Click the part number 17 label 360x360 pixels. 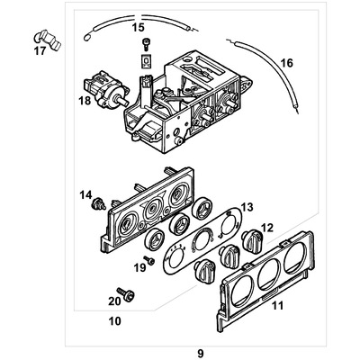click(39, 50)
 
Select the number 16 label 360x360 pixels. click(286, 63)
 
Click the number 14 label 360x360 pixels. click(85, 194)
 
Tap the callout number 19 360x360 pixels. click(139, 267)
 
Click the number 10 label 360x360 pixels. click(114, 320)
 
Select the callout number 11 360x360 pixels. click(278, 308)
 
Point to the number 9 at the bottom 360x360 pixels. click(186, 342)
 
